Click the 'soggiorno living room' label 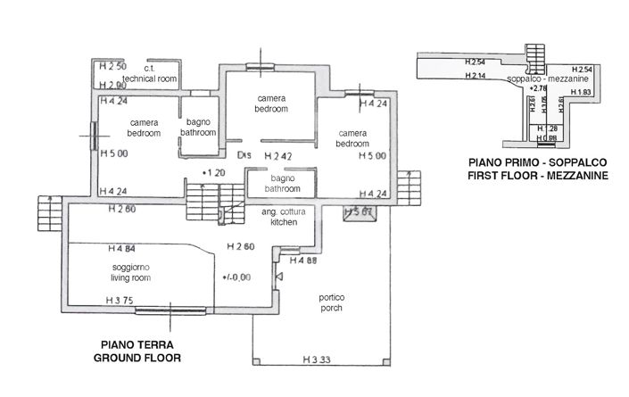(131, 272)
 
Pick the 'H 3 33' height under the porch (316, 360)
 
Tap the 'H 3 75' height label (120, 301)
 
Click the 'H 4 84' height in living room (120, 248)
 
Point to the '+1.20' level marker (212, 171)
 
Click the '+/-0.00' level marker (236, 277)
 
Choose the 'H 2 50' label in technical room (112, 66)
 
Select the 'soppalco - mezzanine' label (542, 79)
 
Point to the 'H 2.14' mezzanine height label (475, 77)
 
